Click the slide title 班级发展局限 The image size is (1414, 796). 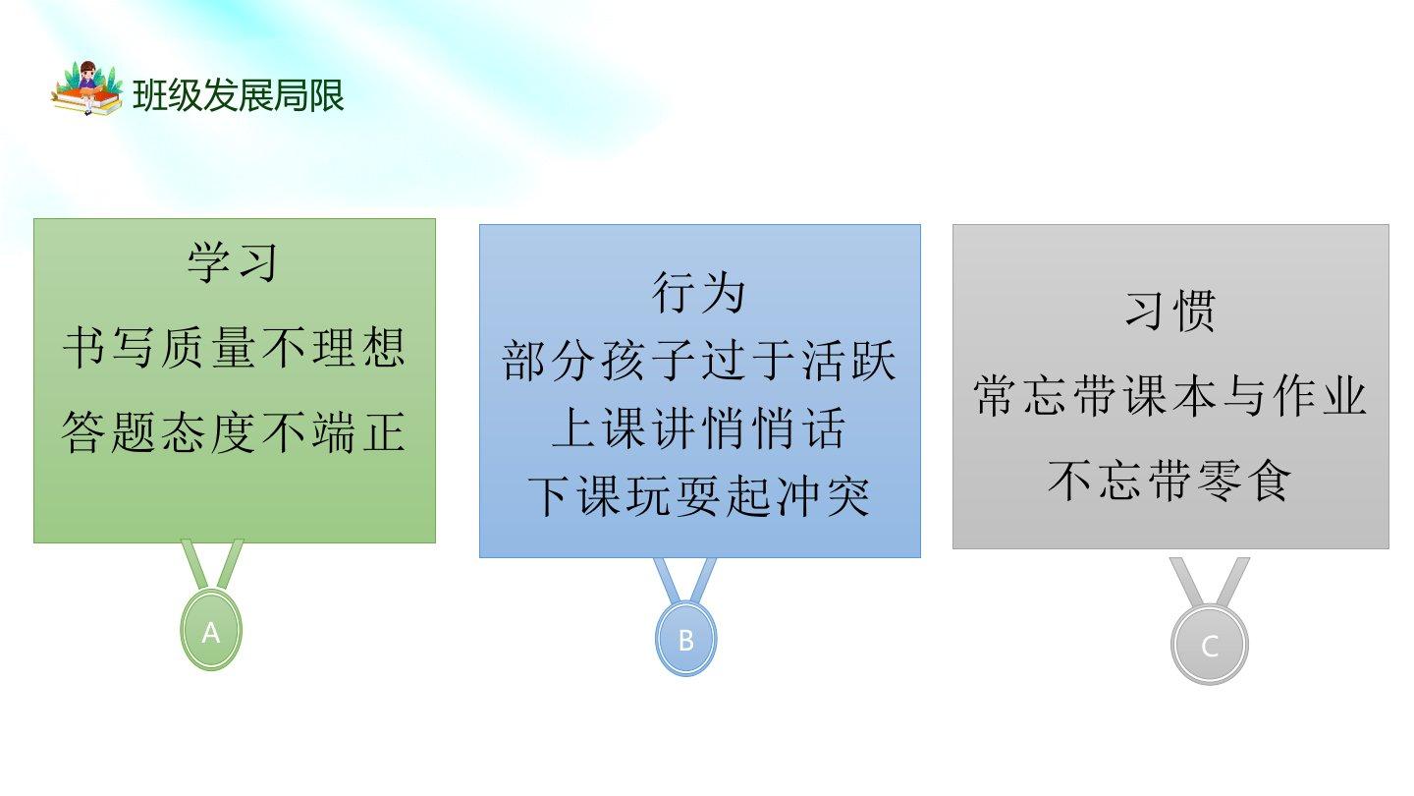(238, 96)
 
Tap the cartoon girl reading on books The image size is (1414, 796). (87, 88)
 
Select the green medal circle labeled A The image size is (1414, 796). (211, 630)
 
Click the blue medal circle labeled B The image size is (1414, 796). (685, 640)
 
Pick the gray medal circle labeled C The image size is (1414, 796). (1210, 645)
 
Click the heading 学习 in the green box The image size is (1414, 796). (233, 262)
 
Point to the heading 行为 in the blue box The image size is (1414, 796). (699, 293)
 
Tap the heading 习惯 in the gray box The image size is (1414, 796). (1170, 312)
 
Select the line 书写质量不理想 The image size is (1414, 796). (234, 348)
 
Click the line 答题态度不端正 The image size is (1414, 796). (234, 432)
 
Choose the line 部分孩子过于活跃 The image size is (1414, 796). (699, 361)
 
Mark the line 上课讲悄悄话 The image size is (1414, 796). (699, 428)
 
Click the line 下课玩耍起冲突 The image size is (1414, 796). (699, 496)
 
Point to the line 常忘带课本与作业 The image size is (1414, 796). (1170, 396)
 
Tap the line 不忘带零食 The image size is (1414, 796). (1170, 481)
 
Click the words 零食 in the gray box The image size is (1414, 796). (1243, 481)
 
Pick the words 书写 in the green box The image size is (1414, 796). (108, 348)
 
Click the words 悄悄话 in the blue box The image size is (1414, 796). (773, 428)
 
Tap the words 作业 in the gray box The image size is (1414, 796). (1320, 396)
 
